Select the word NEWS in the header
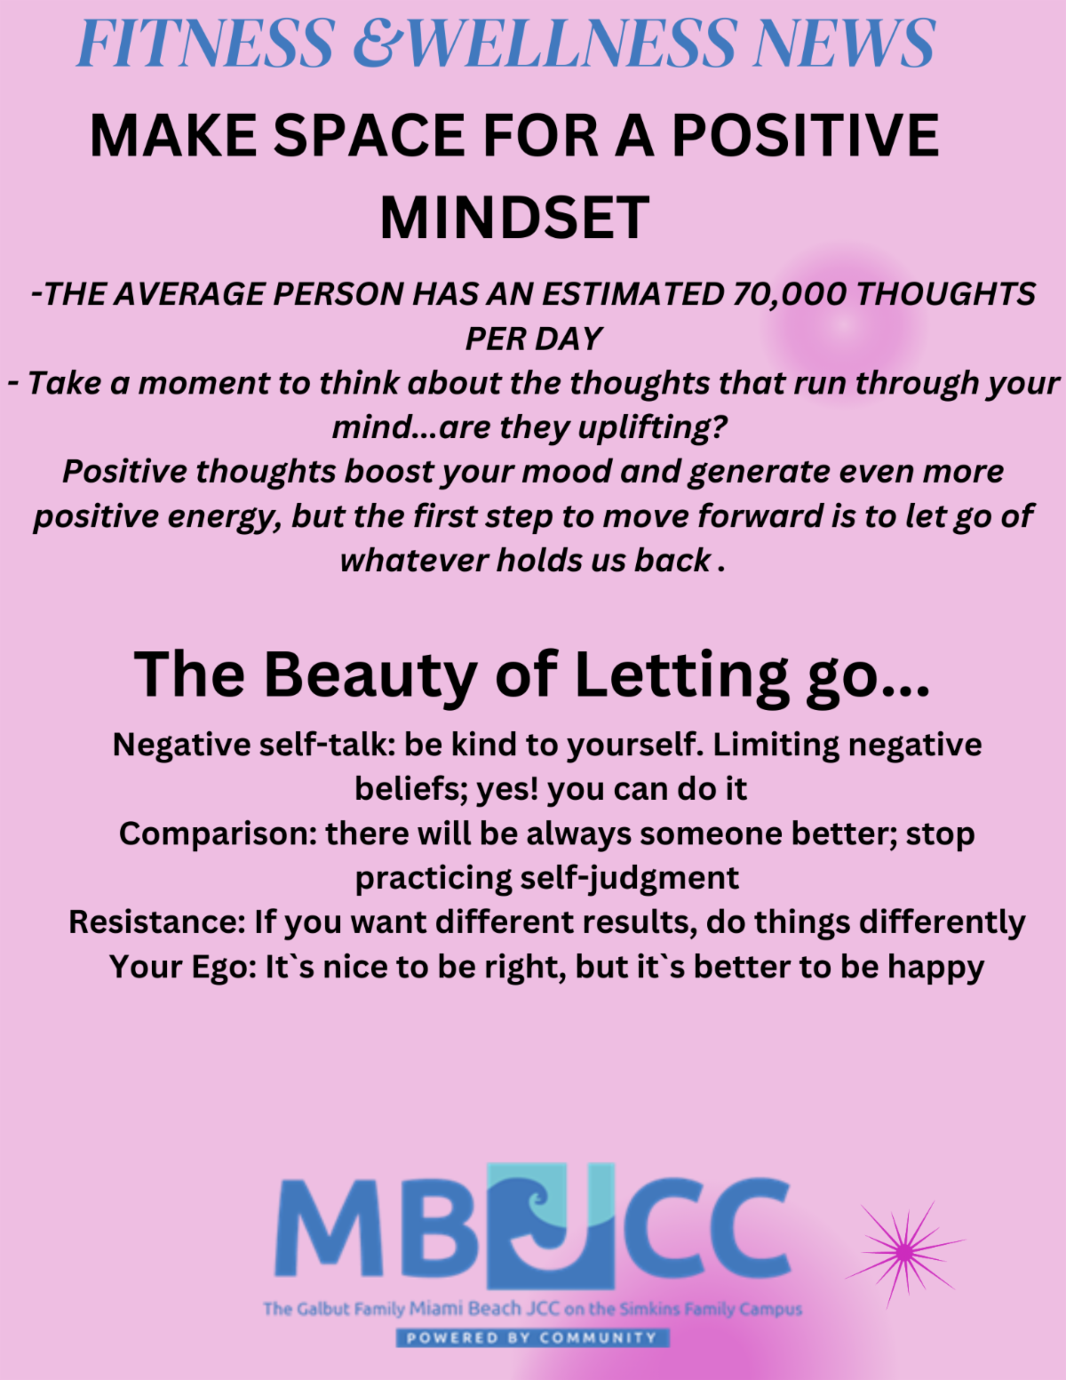pos(844,44)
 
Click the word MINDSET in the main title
pos(514,218)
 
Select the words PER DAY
pos(533,339)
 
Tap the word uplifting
pos(652,428)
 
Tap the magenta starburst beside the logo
pos(905,1251)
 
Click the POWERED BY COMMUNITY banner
pos(533,1338)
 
